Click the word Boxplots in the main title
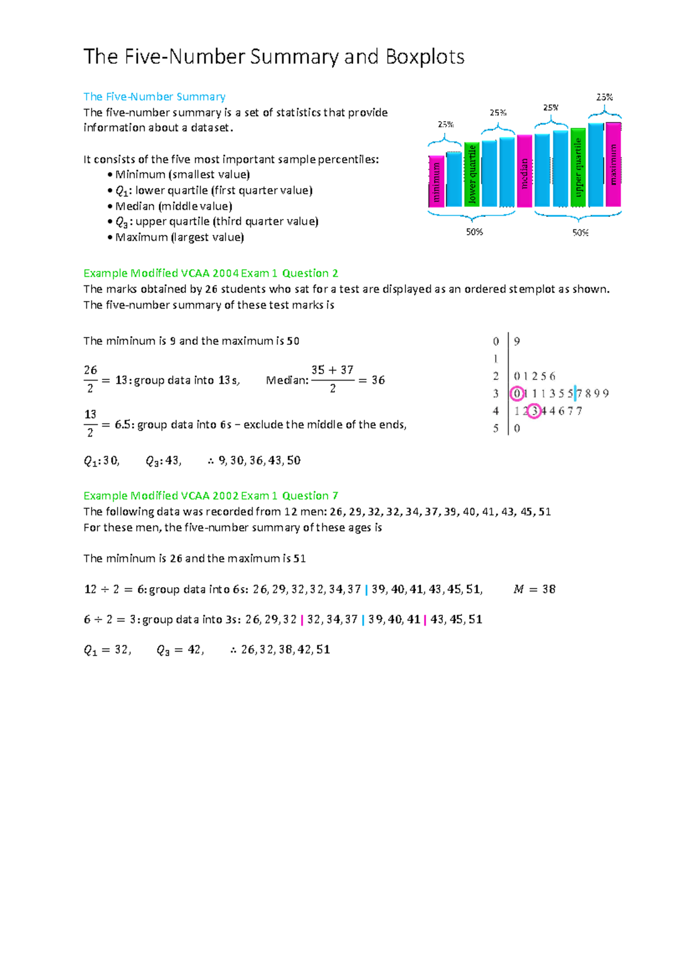[x=424, y=57]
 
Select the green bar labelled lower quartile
[x=472, y=174]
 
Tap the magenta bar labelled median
[x=524, y=171]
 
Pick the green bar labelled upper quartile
[x=578, y=168]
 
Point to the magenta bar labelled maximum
[x=613, y=164]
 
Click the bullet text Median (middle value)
[x=173, y=206]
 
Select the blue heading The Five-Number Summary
[x=154, y=96]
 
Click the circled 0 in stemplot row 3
[x=517, y=394]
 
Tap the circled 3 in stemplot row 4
[x=535, y=411]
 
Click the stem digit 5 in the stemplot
[x=495, y=428]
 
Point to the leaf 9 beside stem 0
[x=517, y=341]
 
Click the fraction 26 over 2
[x=91, y=379]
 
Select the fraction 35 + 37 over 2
[x=332, y=379]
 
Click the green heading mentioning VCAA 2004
[x=210, y=273]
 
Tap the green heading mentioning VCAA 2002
[x=210, y=495]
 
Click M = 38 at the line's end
[x=534, y=589]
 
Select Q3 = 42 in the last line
[x=179, y=650]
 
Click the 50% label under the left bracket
[x=474, y=232]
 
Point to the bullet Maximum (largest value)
[x=179, y=237]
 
